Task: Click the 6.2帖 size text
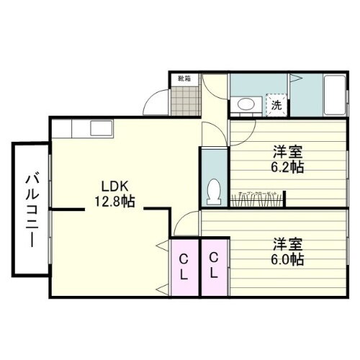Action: pos(287,167)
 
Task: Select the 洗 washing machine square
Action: pos(276,105)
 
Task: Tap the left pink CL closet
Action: pos(184,266)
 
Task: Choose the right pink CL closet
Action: pos(214,266)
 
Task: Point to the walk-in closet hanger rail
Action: pos(259,199)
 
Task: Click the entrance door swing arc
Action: pos(155,105)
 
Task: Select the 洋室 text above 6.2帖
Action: pos(287,152)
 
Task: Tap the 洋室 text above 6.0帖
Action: pos(287,243)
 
